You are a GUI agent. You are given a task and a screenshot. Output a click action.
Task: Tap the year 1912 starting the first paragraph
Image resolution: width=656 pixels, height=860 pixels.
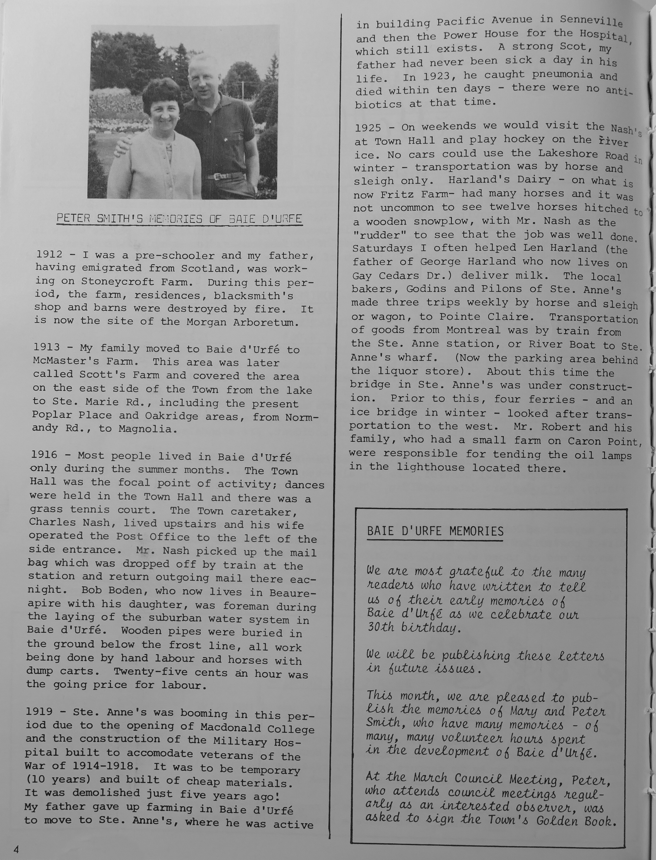pyautogui.click(x=49, y=254)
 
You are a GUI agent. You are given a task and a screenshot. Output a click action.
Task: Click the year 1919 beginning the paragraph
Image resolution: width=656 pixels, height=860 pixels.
pyautogui.click(x=39, y=712)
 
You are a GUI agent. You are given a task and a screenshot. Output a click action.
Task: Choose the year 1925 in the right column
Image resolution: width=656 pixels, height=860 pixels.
pyautogui.click(x=368, y=128)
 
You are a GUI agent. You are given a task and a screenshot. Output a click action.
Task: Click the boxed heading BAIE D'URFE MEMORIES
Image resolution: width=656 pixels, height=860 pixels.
pyautogui.click(x=435, y=531)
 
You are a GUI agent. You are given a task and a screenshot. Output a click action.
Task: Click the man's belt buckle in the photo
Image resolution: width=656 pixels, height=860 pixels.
pyautogui.click(x=214, y=177)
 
